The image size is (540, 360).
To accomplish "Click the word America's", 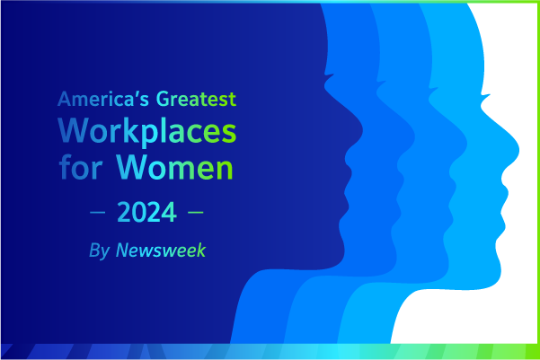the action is tap(103, 99).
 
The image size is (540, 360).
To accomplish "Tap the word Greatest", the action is tap(196, 99).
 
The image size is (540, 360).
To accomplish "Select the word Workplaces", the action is tap(147, 131).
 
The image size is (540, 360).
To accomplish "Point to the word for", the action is tap(81, 167).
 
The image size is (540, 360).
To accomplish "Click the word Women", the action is tap(175, 167).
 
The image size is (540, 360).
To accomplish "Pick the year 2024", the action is tap(147, 212).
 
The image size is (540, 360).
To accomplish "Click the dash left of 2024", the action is tap(97, 213).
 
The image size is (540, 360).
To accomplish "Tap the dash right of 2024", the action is tap(196, 213).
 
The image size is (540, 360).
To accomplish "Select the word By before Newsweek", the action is tap(100, 250).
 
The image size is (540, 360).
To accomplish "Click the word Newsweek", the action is tap(161, 250).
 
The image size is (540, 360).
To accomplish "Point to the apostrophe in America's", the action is tap(136, 94).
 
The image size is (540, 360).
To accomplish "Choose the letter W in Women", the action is tap(131, 167).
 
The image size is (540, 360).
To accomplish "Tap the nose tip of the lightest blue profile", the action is tap(519, 150).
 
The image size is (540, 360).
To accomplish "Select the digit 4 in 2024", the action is tap(170, 212).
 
